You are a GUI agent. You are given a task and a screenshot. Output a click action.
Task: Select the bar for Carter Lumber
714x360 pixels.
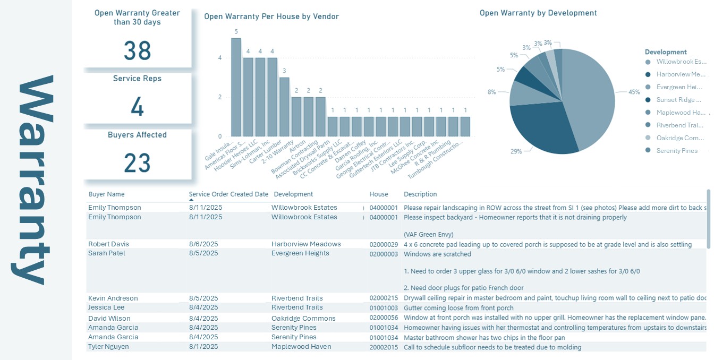tap(284, 107)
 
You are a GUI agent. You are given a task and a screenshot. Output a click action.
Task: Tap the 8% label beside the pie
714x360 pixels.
tap(491, 92)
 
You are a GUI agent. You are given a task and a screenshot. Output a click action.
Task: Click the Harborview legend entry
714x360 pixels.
tap(681, 74)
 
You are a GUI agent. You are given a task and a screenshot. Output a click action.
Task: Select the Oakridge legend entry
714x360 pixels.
tap(681, 138)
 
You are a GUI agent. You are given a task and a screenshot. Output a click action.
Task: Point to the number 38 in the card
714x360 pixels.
tap(138, 51)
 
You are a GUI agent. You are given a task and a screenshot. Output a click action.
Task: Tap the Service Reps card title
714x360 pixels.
tap(137, 79)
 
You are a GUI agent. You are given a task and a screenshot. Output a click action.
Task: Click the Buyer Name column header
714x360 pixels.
tap(106, 194)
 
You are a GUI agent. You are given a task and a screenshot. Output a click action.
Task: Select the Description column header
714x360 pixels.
tap(420, 194)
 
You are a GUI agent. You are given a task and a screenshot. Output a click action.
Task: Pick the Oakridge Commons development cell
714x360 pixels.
tap(303, 319)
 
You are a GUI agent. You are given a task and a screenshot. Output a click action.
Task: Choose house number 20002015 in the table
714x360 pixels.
tap(384, 347)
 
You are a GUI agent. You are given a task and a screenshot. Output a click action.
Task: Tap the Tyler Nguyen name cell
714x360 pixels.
tap(108, 347)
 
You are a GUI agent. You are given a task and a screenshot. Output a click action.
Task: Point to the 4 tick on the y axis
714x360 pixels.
tap(220, 58)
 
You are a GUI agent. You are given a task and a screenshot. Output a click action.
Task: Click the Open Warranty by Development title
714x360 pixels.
tap(538, 13)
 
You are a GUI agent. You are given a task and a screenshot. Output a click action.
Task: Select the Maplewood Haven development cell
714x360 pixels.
tap(301, 347)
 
